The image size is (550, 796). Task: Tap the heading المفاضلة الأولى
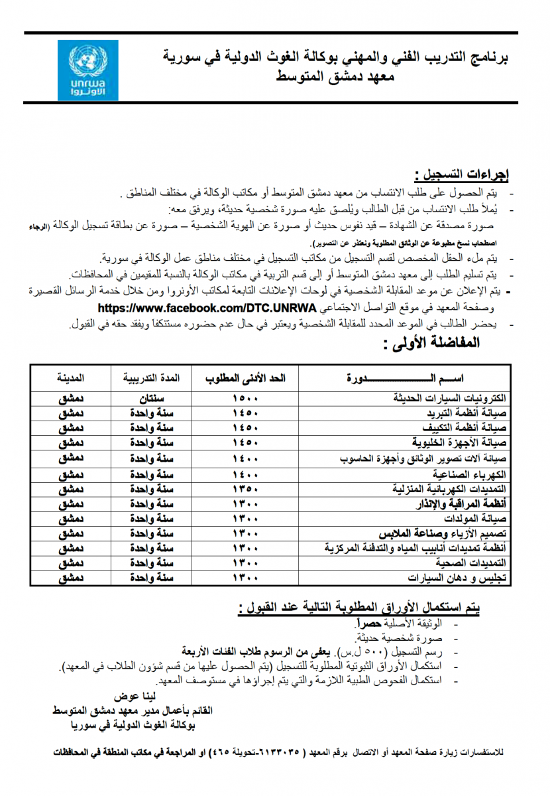click(x=430, y=344)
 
